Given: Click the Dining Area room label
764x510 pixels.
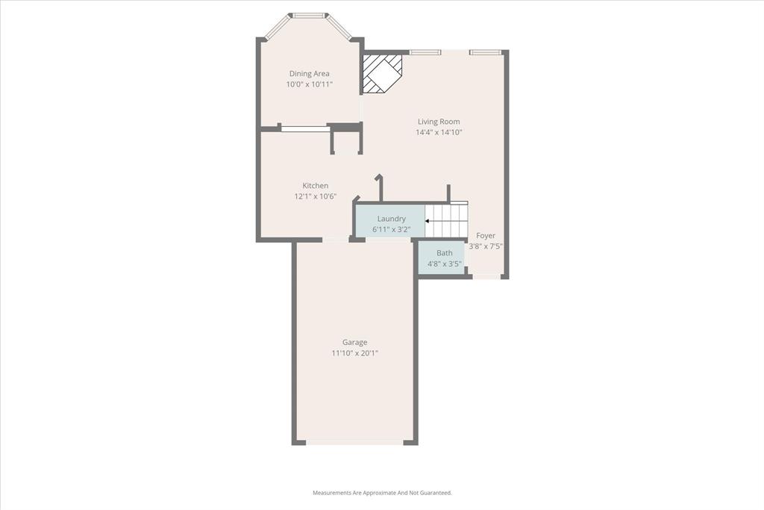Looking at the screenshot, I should [x=309, y=73].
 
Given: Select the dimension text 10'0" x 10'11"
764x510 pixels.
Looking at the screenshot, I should [x=309, y=84].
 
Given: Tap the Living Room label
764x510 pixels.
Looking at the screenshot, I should [x=439, y=122].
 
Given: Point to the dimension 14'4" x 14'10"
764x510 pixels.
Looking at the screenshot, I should [x=439, y=133].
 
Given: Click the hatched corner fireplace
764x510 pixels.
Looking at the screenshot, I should [x=381, y=73].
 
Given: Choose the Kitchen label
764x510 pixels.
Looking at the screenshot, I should [x=315, y=186].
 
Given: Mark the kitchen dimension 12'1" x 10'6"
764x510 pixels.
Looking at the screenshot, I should [x=315, y=197].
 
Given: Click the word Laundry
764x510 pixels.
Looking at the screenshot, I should [x=391, y=219].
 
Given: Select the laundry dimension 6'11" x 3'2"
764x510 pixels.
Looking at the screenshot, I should [x=391, y=229].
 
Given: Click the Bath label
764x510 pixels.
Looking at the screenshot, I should [x=445, y=253].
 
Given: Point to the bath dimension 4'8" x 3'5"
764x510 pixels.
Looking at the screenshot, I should [x=445, y=264].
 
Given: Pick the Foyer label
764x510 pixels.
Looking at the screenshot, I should [x=486, y=236].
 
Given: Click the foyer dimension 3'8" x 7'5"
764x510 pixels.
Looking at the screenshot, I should [x=486, y=246].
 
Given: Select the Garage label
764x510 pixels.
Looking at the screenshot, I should [x=355, y=343].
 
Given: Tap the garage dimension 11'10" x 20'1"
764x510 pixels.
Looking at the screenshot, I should [x=355, y=353].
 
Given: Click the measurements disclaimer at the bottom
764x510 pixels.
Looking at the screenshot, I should [x=382, y=493].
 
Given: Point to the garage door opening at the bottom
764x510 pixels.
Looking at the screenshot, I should [x=355, y=442].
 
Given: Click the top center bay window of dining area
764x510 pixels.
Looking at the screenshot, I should [x=309, y=15].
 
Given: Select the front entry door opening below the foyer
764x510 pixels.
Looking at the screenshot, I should [x=486, y=277].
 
